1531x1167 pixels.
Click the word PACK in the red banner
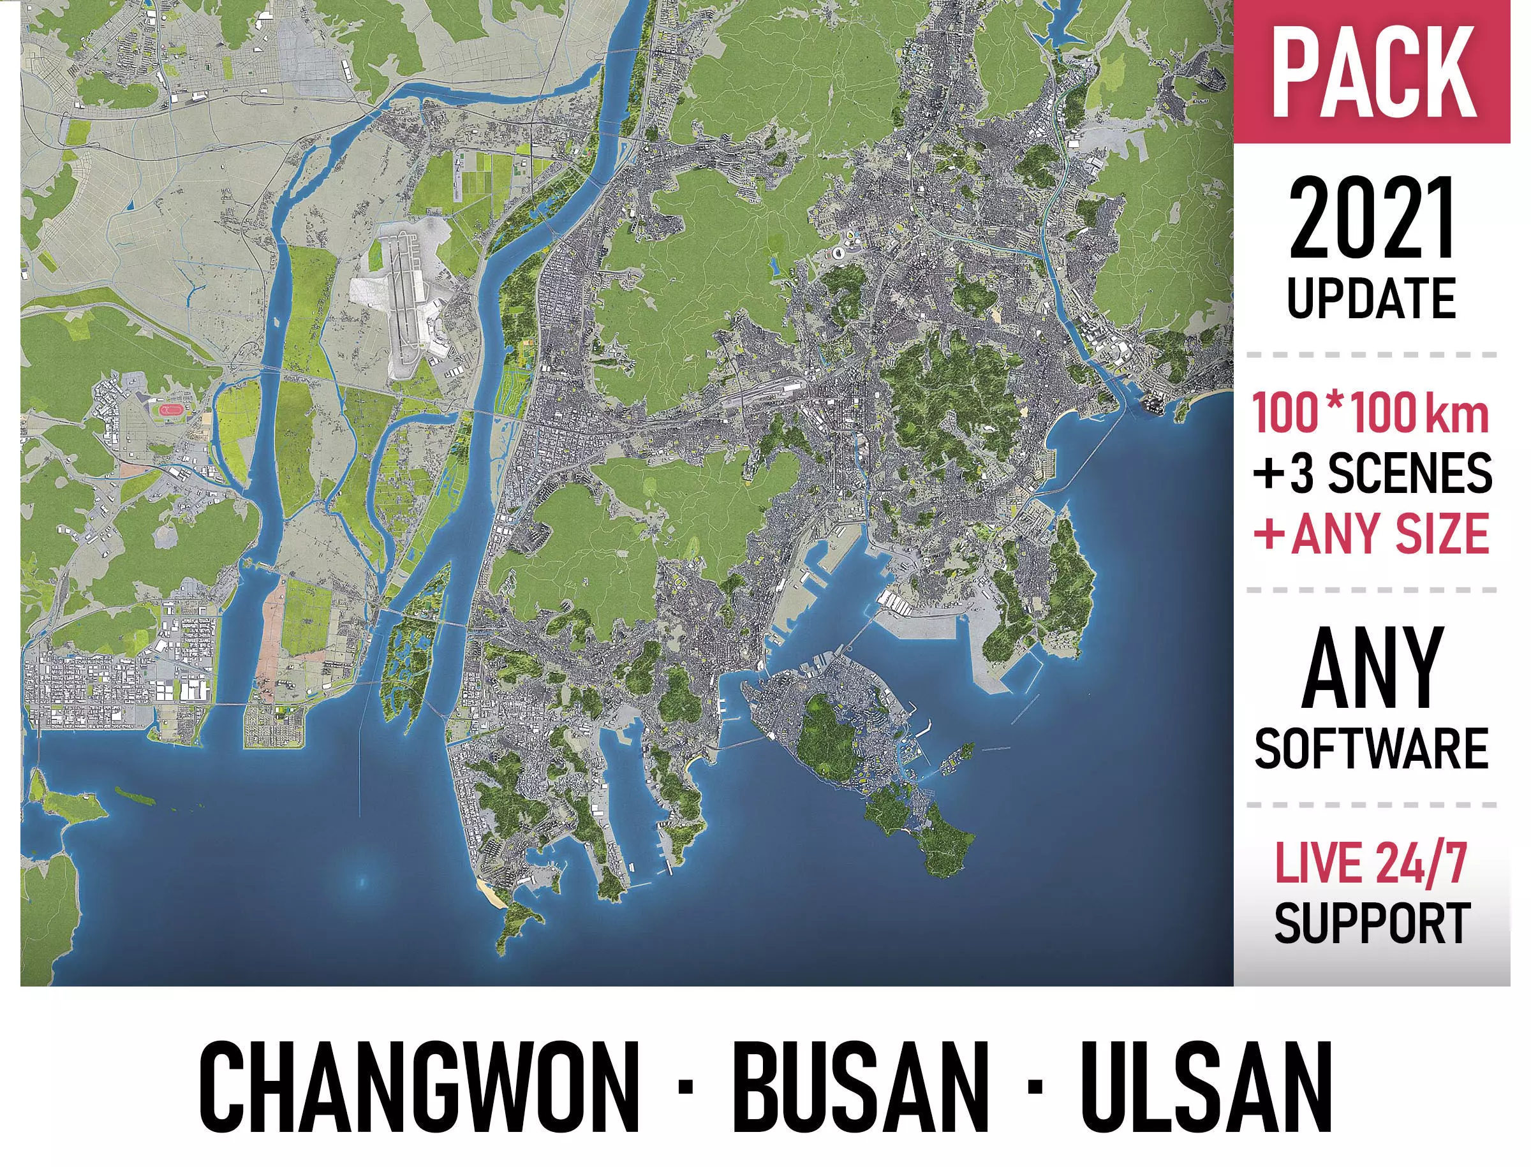pyautogui.click(x=1373, y=72)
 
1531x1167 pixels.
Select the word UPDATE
pyautogui.click(x=1372, y=298)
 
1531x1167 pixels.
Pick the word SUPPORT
pyautogui.click(x=1372, y=923)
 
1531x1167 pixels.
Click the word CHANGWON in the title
pyautogui.click(x=419, y=1096)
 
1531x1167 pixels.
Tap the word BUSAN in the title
pyautogui.click(x=861, y=1096)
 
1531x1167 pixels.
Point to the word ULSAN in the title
pyautogui.click(x=1206, y=1096)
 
